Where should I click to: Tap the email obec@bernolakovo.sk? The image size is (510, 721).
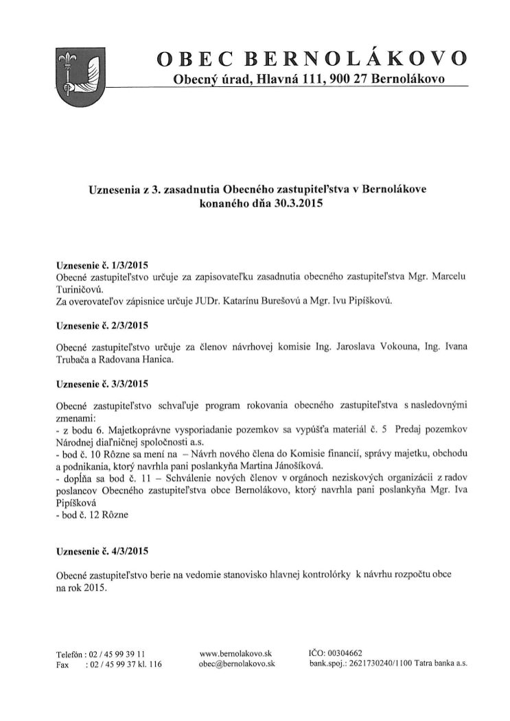[x=236, y=664]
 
